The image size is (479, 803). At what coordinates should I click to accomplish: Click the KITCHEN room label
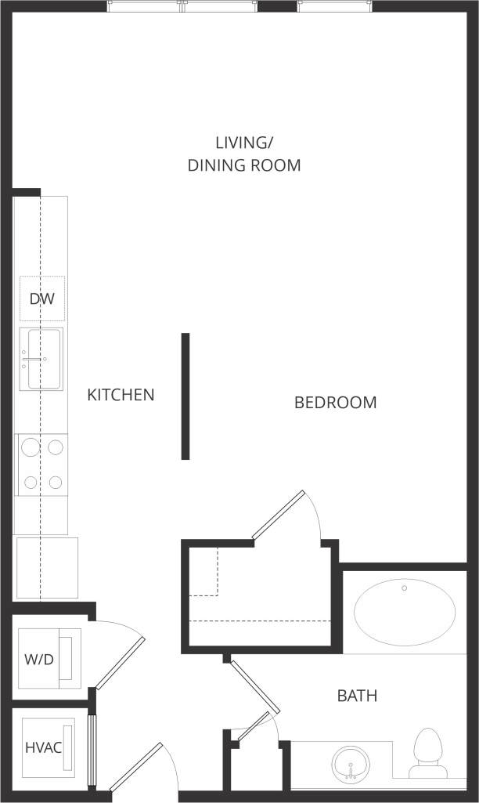tap(121, 395)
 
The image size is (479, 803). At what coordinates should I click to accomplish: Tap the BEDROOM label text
tap(335, 403)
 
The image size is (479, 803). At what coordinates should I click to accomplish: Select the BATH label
tap(357, 696)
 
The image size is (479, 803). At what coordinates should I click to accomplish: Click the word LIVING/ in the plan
tap(245, 143)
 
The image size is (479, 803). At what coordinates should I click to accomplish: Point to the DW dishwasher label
tap(41, 298)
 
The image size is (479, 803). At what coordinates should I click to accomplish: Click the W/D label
tap(38, 659)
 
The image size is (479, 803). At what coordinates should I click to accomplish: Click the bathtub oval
tap(405, 611)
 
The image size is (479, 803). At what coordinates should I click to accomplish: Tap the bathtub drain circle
tap(405, 588)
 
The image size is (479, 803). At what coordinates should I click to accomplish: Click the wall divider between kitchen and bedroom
tap(185, 396)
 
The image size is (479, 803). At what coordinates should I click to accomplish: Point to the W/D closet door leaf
tap(120, 663)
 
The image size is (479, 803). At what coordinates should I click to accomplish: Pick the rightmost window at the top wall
tap(334, 6)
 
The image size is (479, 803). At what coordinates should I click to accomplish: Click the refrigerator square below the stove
tap(46, 567)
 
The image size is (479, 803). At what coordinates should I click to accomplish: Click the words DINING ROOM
tap(244, 165)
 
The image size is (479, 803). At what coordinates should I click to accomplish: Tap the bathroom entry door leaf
tap(254, 687)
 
